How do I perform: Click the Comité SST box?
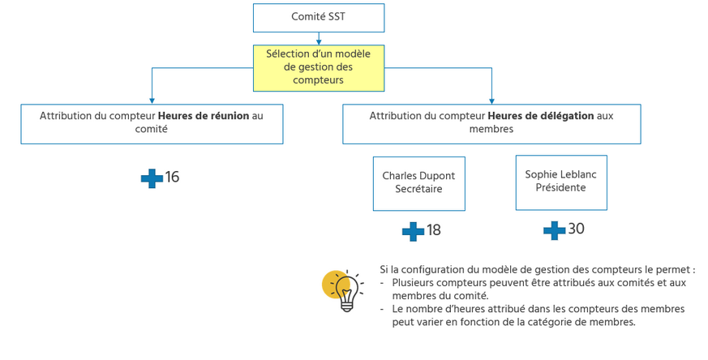[318, 17]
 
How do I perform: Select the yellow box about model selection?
[318, 67]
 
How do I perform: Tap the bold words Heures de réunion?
[204, 116]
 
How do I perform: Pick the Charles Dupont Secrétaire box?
[418, 183]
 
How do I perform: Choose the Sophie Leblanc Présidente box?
[560, 182]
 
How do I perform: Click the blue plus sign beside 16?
[151, 178]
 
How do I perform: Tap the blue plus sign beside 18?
[413, 231]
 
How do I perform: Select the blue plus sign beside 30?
[554, 230]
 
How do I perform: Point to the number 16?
[172, 178]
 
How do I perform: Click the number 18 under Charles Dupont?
[434, 230]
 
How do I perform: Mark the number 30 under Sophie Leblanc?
[576, 229]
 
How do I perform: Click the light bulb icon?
[344, 290]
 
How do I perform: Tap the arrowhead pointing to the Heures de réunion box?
[152, 100]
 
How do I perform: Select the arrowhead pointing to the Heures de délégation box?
[491, 100]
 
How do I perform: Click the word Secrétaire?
[418, 190]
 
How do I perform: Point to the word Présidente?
[560, 188]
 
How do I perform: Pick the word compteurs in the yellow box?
[319, 80]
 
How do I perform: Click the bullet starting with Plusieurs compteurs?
[539, 289]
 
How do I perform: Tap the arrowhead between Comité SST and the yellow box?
[319, 41]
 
